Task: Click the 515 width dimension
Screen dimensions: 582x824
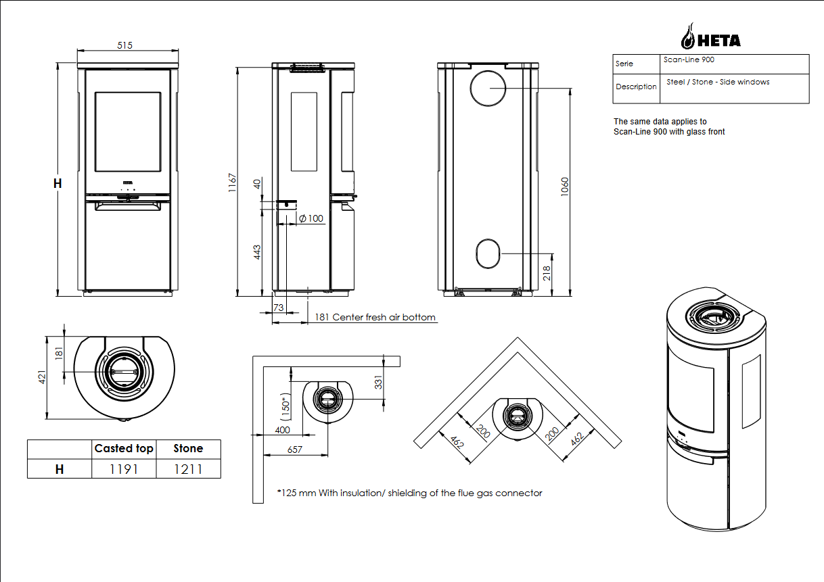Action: click(x=124, y=45)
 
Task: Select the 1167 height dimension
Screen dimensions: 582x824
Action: click(x=232, y=183)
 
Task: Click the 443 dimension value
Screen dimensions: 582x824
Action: click(x=257, y=252)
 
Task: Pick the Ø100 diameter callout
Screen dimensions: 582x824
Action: click(x=311, y=218)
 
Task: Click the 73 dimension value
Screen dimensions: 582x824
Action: click(x=278, y=308)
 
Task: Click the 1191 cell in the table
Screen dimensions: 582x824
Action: click(x=124, y=469)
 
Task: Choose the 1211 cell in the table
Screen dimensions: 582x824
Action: click(x=188, y=469)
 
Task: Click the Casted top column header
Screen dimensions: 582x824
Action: click(x=124, y=449)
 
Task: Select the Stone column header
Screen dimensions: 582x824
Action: click(x=188, y=449)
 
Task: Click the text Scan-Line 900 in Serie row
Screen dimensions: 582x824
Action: click(x=689, y=60)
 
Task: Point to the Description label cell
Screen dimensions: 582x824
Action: click(x=636, y=87)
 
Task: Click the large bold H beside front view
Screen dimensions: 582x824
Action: click(x=58, y=183)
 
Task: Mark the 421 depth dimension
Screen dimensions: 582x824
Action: click(x=41, y=377)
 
